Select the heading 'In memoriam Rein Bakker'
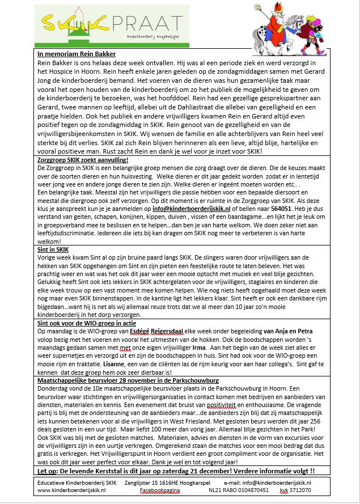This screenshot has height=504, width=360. point(76,54)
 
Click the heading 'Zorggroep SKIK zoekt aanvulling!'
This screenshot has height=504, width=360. point(83,160)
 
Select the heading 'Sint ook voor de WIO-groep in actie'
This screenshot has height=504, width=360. point(87,323)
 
